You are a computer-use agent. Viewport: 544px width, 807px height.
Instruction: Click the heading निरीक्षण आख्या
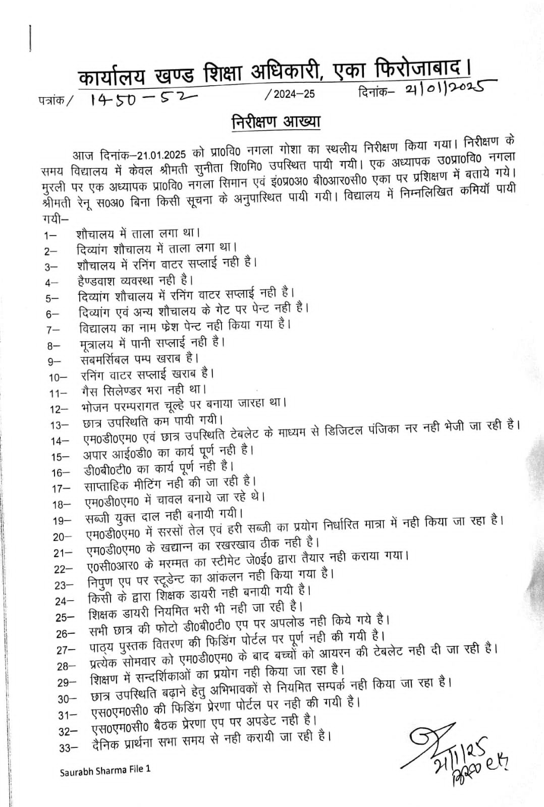click(276, 123)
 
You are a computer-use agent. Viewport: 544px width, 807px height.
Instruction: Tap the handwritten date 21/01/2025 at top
click(444, 89)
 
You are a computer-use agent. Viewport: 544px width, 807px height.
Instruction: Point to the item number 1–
click(51, 235)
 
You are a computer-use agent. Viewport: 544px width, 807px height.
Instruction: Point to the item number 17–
click(61, 489)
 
